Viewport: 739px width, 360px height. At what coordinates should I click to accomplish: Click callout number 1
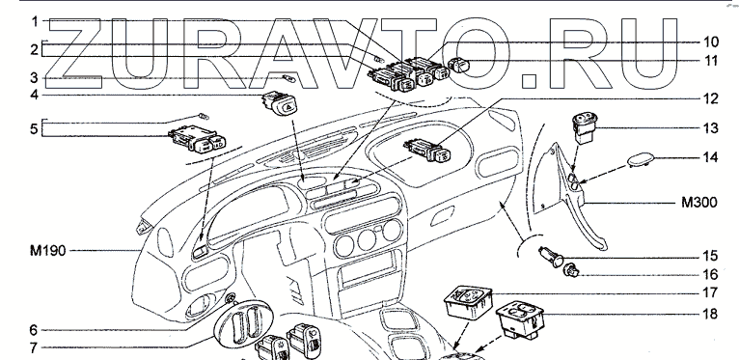click(x=35, y=21)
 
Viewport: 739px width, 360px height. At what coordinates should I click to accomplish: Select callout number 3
click(x=35, y=78)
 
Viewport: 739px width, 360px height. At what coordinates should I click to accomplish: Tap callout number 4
click(x=35, y=96)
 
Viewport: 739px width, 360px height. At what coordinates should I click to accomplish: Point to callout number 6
click(x=34, y=330)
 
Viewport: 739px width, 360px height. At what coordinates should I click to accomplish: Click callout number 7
click(x=34, y=348)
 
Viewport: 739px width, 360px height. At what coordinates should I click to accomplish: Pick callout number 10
click(x=711, y=42)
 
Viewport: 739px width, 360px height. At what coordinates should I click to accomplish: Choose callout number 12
click(x=711, y=99)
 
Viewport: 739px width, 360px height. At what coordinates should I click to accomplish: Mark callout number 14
click(x=711, y=157)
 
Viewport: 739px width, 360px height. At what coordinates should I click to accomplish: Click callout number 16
click(x=711, y=274)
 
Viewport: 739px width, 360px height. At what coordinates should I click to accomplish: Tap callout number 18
click(x=711, y=314)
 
